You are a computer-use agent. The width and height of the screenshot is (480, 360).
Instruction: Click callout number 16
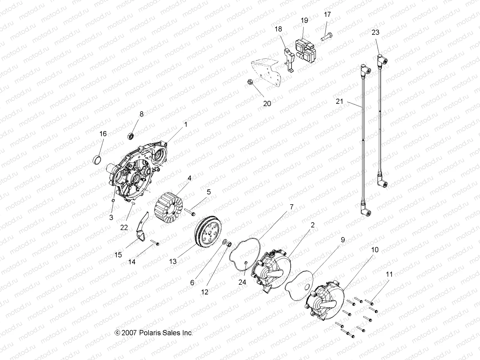(x=103, y=133)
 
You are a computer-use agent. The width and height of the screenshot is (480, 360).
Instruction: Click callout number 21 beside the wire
(x=339, y=101)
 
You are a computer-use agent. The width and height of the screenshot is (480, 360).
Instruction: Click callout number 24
(x=242, y=282)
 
